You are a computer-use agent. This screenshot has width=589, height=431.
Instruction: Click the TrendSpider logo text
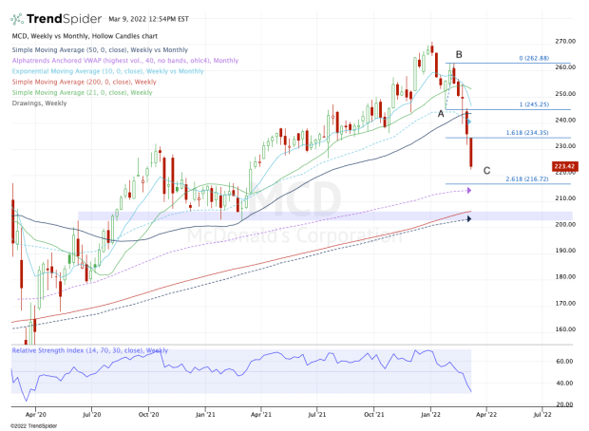point(48,17)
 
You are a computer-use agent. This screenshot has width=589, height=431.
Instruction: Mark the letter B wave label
point(458,54)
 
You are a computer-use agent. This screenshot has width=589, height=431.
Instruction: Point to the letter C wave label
point(487,170)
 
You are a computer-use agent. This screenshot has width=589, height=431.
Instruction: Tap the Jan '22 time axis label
point(432,414)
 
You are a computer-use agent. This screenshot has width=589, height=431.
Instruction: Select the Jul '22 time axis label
point(545,414)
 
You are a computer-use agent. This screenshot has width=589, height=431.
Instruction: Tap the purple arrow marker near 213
point(468,190)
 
